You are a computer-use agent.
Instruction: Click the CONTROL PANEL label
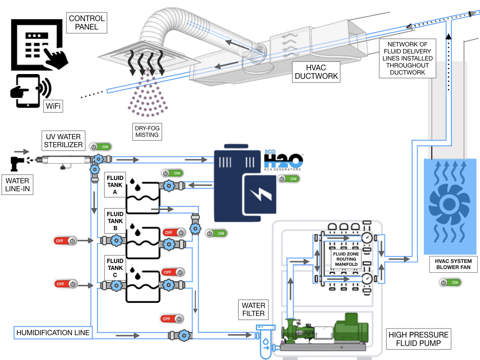pos(86,22)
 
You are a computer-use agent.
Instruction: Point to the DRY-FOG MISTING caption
pos(147,131)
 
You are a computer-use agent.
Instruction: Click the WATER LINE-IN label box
pos(17,185)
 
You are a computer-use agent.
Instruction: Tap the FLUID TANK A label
pos(115,185)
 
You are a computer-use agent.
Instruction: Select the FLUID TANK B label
pos(115,221)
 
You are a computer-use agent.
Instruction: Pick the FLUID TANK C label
pos(115,268)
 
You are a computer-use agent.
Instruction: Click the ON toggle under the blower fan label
pos(450,282)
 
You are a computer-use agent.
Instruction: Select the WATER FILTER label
pos(254,309)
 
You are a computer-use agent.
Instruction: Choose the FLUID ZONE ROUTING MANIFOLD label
pos(346,259)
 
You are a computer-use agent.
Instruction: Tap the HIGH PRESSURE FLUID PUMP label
pos(418,339)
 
